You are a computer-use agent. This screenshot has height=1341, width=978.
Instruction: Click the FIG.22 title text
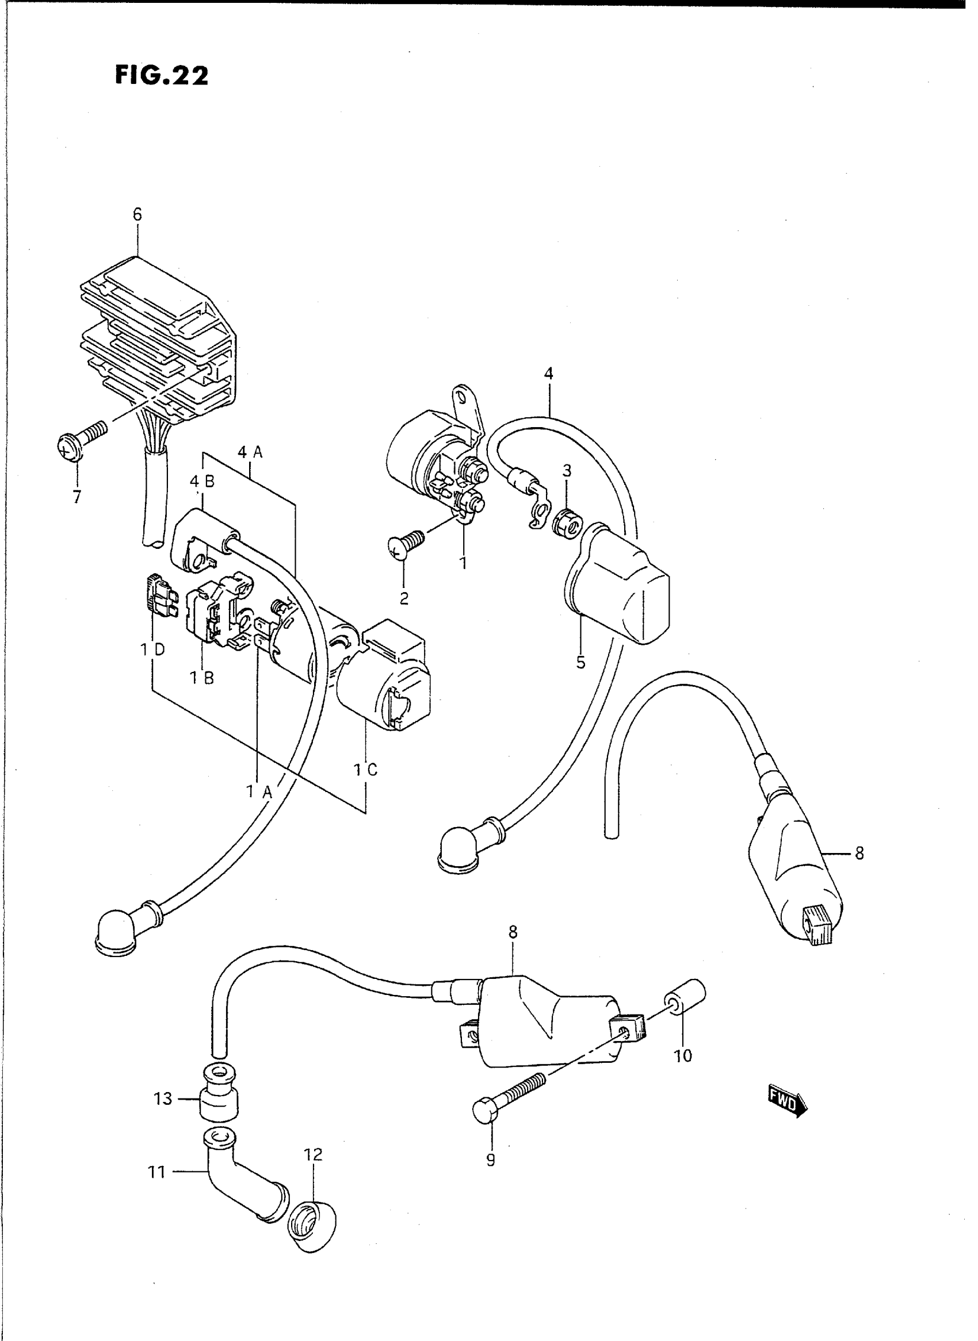tap(162, 76)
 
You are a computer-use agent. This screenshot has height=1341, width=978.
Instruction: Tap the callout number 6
tap(137, 215)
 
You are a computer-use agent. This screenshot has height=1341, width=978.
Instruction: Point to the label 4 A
tap(250, 452)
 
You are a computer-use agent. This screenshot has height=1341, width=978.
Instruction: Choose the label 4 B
tap(202, 482)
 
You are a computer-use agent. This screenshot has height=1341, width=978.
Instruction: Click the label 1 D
tap(152, 650)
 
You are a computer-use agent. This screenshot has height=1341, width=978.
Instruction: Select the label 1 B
tap(202, 678)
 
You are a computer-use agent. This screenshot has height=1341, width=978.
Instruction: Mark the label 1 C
tap(365, 770)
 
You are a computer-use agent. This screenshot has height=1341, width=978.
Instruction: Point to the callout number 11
tap(157, 1171)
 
